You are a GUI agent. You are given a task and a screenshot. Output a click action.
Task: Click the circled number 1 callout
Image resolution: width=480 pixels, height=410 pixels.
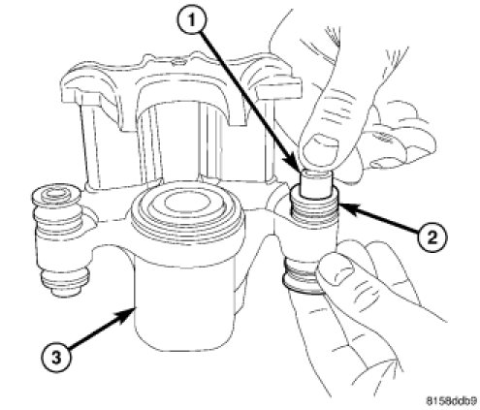pos(192,20)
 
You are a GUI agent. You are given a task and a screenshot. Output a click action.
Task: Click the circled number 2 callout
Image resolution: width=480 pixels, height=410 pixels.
pos(432,237)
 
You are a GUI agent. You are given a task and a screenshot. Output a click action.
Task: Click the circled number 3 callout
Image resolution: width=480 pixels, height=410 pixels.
pos(56,358)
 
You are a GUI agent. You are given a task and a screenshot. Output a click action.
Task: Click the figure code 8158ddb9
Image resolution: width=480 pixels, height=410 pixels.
pos(451,401)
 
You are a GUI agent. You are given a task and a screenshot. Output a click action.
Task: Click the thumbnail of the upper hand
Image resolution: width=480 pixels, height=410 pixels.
pos(320,145)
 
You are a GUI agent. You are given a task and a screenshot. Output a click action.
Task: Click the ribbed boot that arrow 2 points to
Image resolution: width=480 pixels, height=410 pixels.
pos(315,205)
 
